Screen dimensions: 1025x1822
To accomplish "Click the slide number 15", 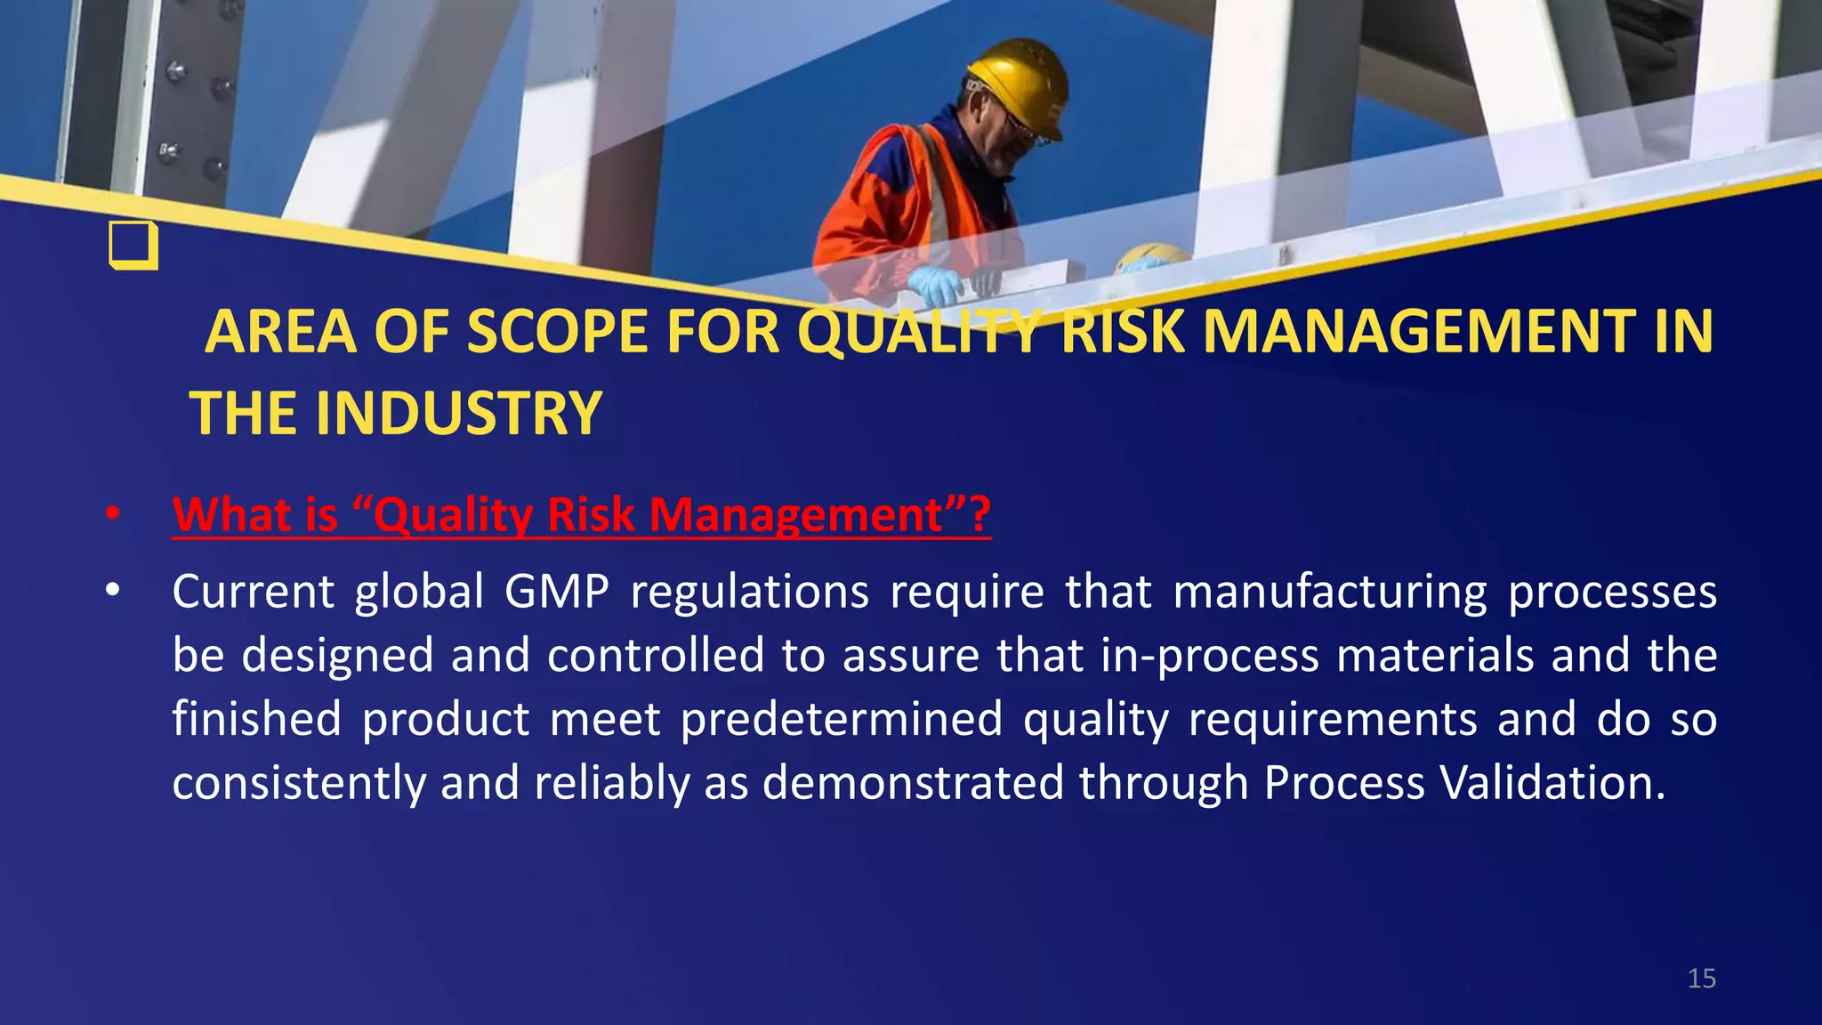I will pos(1701,979).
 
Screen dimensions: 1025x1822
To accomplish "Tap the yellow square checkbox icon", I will pos(133,245).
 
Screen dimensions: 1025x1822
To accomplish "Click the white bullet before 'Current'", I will pos(112,591).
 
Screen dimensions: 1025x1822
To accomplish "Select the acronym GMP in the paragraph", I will pos(557,593).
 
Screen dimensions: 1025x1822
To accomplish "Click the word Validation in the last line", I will pos(1552,783).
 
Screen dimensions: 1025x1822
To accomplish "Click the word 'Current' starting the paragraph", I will pos(254,593).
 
